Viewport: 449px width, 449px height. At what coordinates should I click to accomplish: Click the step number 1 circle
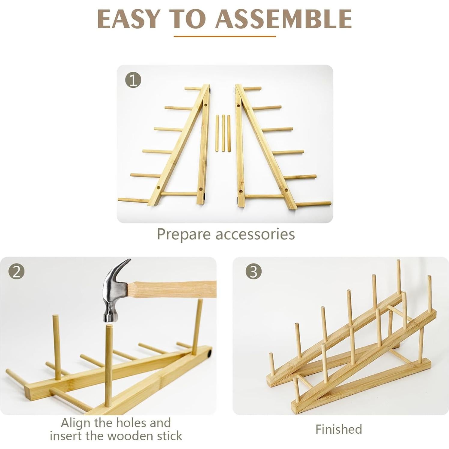tap(133, 80)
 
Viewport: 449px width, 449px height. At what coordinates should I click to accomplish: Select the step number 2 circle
tap(16, 272)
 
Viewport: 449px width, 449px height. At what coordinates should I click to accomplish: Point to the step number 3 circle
tap(253, 272)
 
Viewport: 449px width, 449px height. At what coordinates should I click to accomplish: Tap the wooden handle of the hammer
tap(174, 289)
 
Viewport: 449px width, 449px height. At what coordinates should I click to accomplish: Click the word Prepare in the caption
tap(184, 234)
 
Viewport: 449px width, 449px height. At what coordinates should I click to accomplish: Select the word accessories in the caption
tap(255, 234)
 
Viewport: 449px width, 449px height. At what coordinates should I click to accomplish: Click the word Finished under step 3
tap(338, 429)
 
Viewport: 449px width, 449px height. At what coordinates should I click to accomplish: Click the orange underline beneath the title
tap(224, 36)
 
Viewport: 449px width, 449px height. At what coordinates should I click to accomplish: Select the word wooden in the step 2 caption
tap(132, 435)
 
